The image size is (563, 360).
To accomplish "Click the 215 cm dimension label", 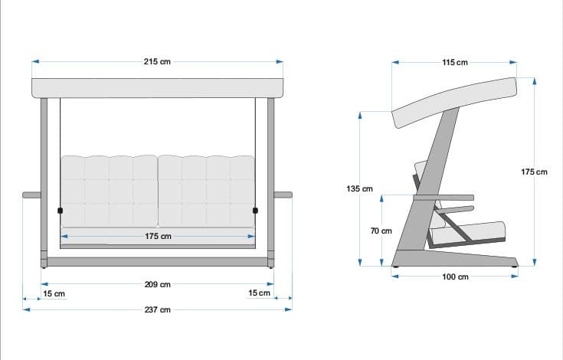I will [x=156, y=61].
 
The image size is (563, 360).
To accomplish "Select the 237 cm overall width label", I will [x=157, y=309].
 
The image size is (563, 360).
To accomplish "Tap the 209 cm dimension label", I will [x=157, y=284].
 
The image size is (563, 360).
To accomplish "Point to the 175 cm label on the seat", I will [x=157, y=237].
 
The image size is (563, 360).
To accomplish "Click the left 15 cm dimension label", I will [x=54, y=293].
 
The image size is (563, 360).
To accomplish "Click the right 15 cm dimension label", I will [x=259, y=293].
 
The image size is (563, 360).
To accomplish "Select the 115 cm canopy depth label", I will [x=455, y=62].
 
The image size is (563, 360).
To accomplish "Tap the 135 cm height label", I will [x=360, y=188].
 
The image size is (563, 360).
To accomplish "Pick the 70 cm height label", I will [x=381, y=231].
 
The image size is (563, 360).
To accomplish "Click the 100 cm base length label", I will [x=455, y=277].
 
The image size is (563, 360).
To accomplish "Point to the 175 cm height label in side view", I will [x=534, y=172].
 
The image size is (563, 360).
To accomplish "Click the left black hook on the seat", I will [x=60, y=210].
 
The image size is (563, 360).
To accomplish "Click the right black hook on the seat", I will [x=255, y=210].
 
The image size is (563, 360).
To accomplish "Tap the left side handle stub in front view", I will [x=31, y=195].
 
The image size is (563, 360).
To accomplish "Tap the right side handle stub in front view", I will [x=283, y=195].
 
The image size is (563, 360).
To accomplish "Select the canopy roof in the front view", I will [x=157, y=87].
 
